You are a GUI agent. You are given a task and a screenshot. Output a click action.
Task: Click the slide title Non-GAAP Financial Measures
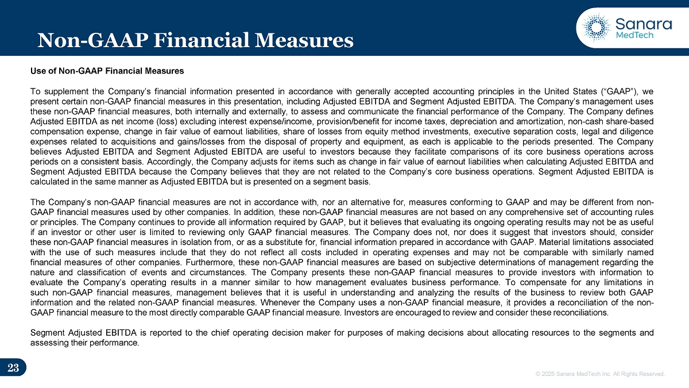(x=195, y=40)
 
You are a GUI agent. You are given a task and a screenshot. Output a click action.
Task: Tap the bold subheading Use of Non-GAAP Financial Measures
(x=107, y=71)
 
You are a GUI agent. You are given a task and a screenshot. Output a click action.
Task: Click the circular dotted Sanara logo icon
(x=595, y=26)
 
